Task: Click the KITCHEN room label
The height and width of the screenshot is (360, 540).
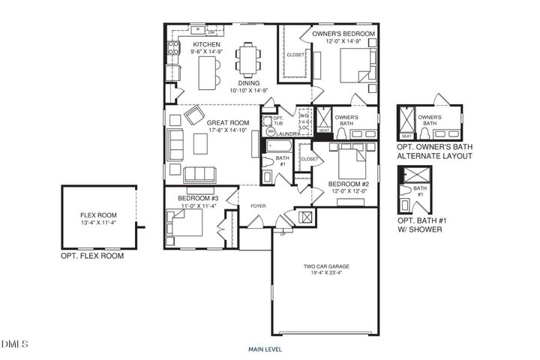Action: [185, 44]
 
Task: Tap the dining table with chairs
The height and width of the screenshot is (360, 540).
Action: [247, 60]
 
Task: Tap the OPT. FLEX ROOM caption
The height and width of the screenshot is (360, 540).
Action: [92, 256]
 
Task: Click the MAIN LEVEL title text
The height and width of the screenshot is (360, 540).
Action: [266, 349]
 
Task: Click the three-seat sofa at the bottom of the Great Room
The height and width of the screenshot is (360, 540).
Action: [199, 175]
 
